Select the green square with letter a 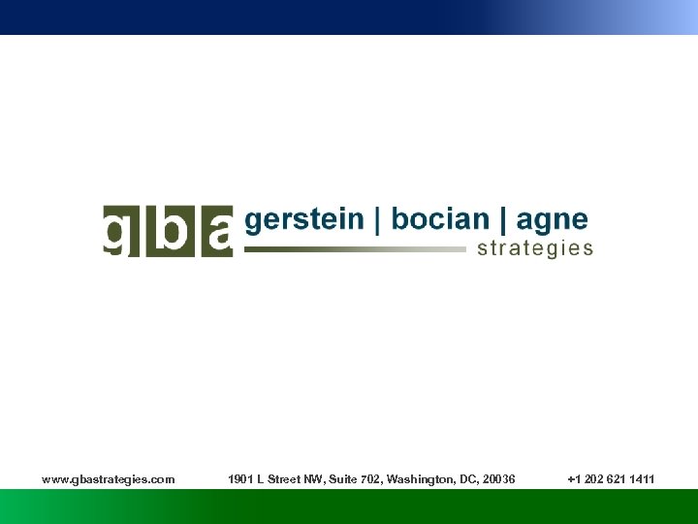pyautogui.click(x=213, y=231)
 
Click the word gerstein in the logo pyautogui.click(x=304, y=220)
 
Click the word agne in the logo pyautogui.click(x=554, y=221)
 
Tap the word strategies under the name pyautogui.click(x=535, y=249)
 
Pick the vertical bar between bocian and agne pyautogui.click(x=504, y=220)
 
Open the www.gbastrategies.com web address pyautogui.click(x=109, y=479)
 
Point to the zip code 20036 pyautogui.click(x=498, y=479)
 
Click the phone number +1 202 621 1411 pyautogui.click(x=611, y=479)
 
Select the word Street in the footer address pyautogui.click(x=283, y=479)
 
